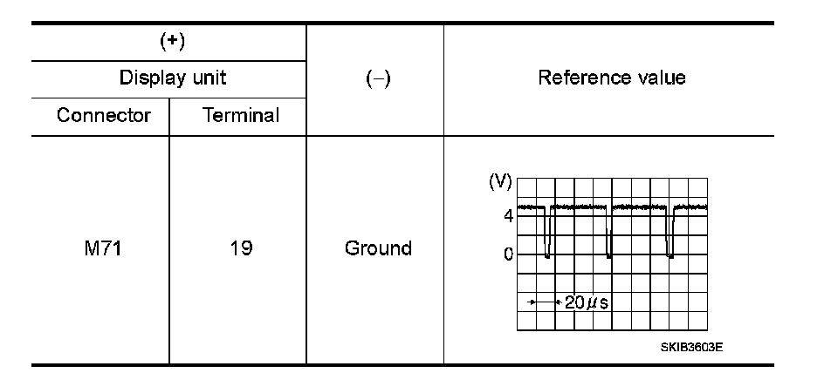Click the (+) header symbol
tap(170, 41)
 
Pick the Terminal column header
tap(240, 115)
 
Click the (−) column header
tap(376, 78)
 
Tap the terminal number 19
tap(239, 248)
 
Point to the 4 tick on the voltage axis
tap(507, 215)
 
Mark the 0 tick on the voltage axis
tap(507, 254)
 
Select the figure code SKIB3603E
tap(691, 346)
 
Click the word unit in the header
tap(209, 78)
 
